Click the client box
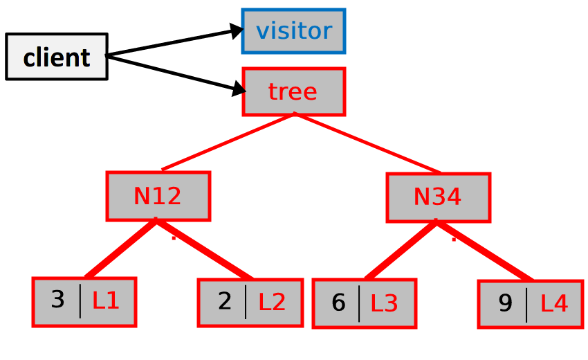pos(57,57)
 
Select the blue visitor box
pos(293,31)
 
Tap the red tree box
pos(293,91)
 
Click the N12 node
pos(158,197)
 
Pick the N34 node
pos(438,197)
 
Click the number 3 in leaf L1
pos(58,300)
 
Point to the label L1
pos(106,301)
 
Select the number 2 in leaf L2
pos(225,302)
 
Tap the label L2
pos(272,302)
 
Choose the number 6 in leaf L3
pos(338,303)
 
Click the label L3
pos(385,303)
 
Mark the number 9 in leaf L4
pos(505,303)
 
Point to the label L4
pos(553,303)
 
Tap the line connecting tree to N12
pos(228,141)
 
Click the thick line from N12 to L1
pos(122,249)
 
